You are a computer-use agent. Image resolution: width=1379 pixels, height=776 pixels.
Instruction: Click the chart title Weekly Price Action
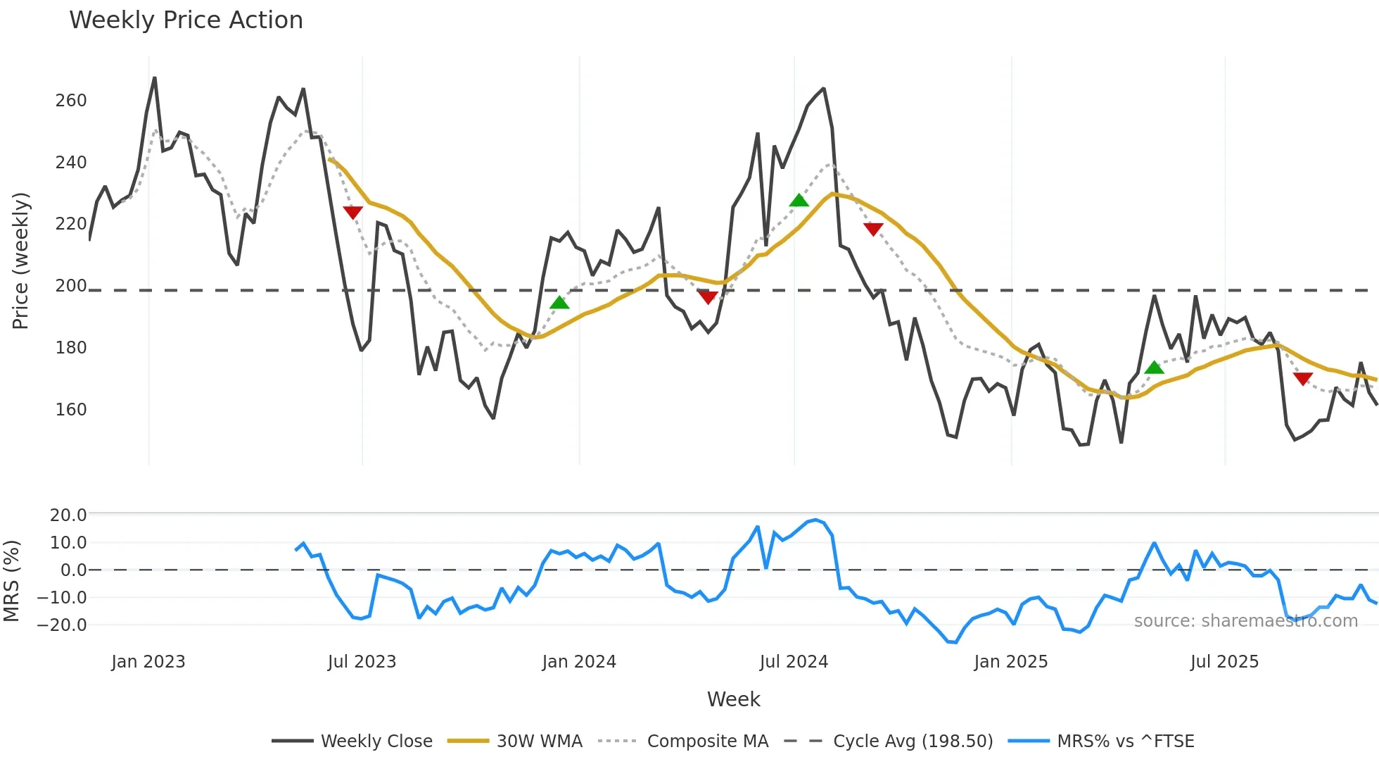pos(186,20)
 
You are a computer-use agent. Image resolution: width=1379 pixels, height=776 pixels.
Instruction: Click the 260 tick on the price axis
pos(71,101)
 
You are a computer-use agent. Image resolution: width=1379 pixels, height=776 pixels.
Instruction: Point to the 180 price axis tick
pos(71,348)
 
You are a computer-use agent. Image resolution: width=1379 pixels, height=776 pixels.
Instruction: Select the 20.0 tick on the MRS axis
pos(68,515)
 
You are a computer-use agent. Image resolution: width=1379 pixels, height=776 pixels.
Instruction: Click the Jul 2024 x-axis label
pos(794,662)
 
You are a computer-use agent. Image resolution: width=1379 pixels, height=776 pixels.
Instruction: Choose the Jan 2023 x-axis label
pos(148,662)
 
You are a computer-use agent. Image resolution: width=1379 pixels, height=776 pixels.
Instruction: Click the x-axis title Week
pos(733,699)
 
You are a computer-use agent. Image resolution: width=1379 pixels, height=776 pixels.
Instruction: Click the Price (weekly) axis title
pos(20,261)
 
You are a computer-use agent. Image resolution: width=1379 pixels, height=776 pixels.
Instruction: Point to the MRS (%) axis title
pos(11,581)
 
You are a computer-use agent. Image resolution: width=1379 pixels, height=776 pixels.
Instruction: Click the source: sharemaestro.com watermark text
pos(1245,621)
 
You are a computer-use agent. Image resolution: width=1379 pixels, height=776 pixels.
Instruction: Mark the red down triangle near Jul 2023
pos(352,212)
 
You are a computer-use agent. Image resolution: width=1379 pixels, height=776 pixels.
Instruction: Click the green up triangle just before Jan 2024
pos(559,303)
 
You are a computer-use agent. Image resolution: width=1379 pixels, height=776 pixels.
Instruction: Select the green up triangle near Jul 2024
pos(799,201)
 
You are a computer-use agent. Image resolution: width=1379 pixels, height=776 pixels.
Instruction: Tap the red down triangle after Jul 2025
pos(1302,379)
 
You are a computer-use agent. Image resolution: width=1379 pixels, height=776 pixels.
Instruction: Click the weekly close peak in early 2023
pos(155,78)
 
